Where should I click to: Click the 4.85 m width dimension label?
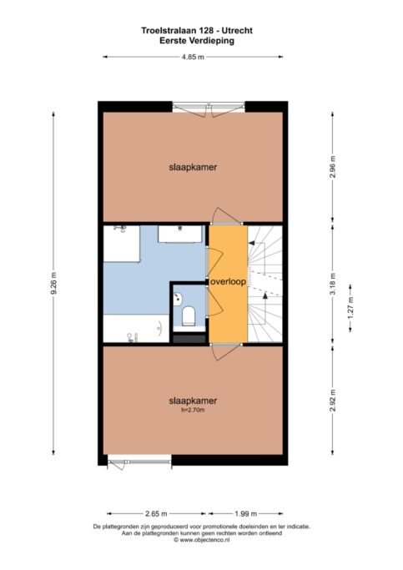pyautogui.click(x=193, y=57)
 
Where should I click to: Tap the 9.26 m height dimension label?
pyautogui.click(x=53, y=284)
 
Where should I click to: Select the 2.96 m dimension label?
pyautogui.click(x=333, y=167)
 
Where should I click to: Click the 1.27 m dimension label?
pyautogui.click(x=350, y=308)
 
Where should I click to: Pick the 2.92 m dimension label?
pyautogui.click(x=333, y=401)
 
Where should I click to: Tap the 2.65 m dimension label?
pyautogui.click(x=156, y=513)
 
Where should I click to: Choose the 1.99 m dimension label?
pyautogui.click(x=246, y=513)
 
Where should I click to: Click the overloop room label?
pyautogui.click(x=229, y=282)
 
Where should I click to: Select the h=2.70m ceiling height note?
pyautogui.click(x=193, y=410)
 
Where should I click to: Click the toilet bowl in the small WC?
pyautogui.click(x=189, y=315)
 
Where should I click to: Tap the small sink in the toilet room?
pyautogui.click(x=178, y=300)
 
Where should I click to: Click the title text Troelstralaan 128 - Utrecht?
pyautogui.click(x=197, y=31)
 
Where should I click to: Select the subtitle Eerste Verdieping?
pyautogui.click(x=197, y=41)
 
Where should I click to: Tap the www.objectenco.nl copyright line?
pyautogui.click(x=201, y=540)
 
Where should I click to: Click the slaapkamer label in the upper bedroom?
pyautogui.click(x=193, y=168)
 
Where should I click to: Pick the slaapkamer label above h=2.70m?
pyautogui.click(x=193, y=401)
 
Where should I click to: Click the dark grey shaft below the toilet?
pyautogui.click(x=189, y=339)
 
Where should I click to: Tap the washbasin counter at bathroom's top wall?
pyautogui.click(x=180, y=235)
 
